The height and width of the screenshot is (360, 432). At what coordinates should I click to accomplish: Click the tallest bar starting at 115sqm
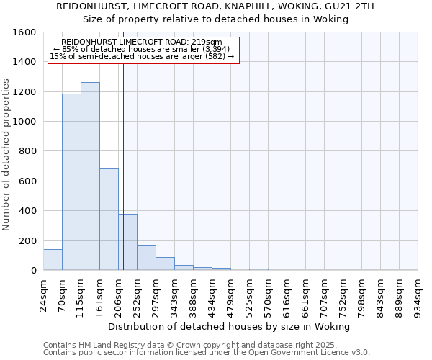point(90,176)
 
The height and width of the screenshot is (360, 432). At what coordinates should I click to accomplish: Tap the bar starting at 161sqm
point(109,220)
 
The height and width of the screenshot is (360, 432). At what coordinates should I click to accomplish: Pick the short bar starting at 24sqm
point(53,260)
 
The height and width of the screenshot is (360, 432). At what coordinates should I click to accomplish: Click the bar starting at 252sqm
point(146,258)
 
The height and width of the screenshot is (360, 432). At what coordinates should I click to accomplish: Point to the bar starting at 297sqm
point(165,264)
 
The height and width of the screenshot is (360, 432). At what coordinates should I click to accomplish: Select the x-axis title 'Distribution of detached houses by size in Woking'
point(230,326)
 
